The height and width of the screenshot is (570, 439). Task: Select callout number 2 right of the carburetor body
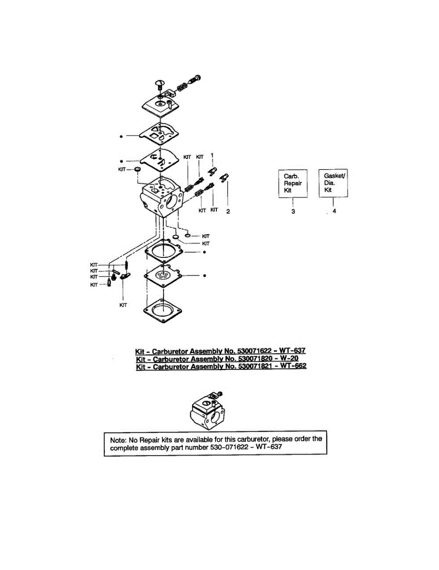[x=228, y=211]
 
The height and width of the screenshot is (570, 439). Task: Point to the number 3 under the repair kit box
[x=293, y=211]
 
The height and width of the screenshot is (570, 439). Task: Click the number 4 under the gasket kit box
[x=334, y=211]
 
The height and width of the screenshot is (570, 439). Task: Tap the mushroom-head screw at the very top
[x=160, y=85]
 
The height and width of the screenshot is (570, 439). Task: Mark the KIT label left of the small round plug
[x=122, y=169]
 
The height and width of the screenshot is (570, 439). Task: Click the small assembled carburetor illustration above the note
[x=207, y=411]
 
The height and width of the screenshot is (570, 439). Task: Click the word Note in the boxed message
[x=119, y=439]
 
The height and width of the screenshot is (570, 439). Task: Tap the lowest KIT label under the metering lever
[x=123, y=305]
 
